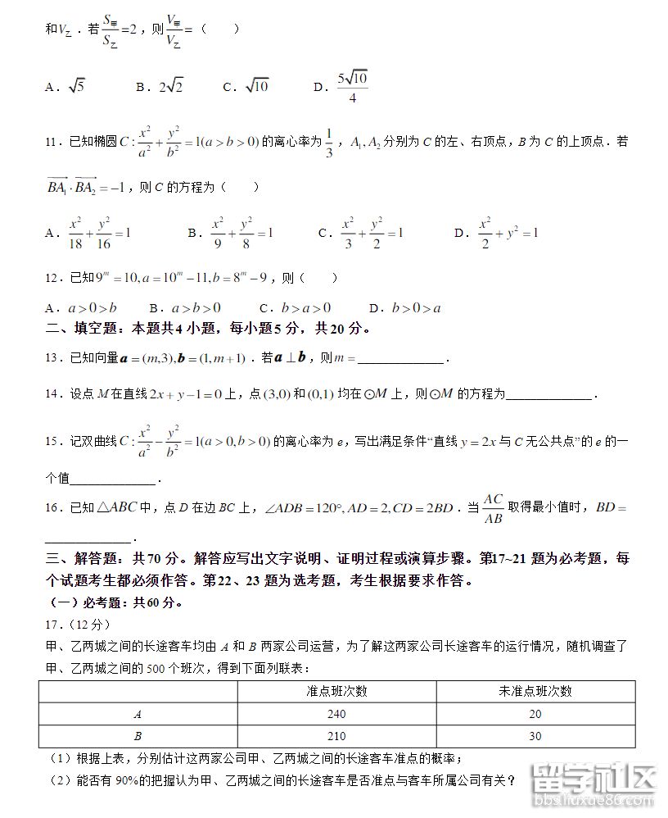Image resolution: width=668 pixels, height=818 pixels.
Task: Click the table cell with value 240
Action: point(336,714)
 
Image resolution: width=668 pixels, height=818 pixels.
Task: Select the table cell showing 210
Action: point(336,736)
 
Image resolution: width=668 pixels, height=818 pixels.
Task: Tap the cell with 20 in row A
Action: point(535,714)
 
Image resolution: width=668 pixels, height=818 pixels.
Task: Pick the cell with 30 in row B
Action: point(535,736)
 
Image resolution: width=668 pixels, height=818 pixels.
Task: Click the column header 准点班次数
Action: point(336,691)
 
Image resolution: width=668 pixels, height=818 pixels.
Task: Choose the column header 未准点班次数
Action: point(535,691)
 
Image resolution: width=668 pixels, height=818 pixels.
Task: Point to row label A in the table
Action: point(137,714)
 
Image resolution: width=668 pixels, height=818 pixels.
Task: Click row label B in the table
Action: point(137,736)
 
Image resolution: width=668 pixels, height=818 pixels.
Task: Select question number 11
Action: point(53,142)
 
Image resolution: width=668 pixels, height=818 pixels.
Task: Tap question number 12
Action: point(53,278)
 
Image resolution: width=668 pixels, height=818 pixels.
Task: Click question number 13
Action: point(53,357)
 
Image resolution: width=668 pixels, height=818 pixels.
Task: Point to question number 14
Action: point(53,394)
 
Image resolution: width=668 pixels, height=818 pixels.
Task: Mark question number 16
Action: point(53,508)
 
